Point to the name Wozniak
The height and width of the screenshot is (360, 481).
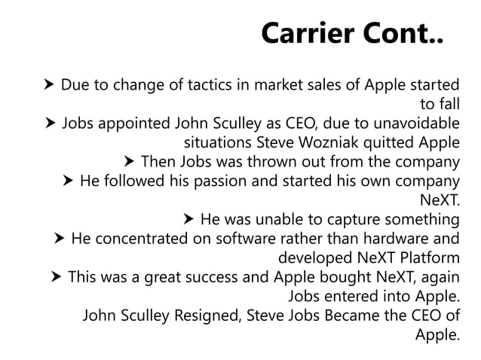coord(348,141)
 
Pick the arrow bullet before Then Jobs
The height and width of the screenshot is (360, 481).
coord(127,161)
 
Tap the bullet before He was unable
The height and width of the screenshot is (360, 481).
coord(188,220)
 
